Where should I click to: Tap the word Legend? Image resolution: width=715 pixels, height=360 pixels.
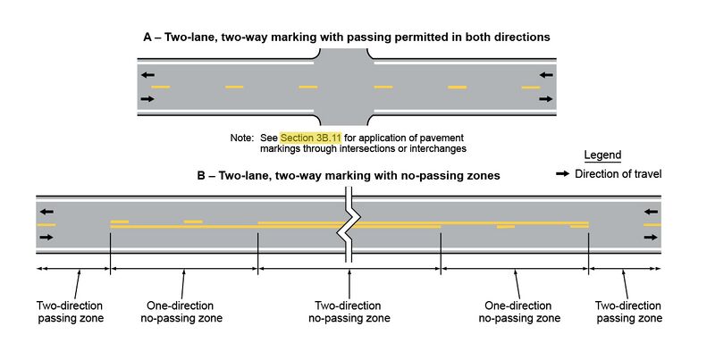pyautogui.click(x=601, y=155)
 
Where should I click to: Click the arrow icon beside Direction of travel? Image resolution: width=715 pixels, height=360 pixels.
pyautogui.click(x=562, y=174)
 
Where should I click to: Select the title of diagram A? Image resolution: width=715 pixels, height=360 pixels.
pyautogui.click(x=346, y=38)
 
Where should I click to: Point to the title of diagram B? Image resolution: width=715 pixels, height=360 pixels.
pyautogui.click(x=348, y=176)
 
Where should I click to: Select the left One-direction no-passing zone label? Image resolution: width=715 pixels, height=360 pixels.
pyautogui.click(x=181, y=311)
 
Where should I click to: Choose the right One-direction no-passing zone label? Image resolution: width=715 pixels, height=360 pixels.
pyautogui.click(x=519, y=311)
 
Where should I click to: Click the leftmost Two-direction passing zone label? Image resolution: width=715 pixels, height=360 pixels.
pyautogui.click(x=70, y=311)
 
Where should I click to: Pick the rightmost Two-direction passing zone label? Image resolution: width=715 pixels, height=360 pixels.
pyautogui.click(x=628, y=311)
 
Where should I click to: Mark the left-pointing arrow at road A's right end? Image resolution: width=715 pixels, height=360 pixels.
pyautogui.click(x=547, y=75)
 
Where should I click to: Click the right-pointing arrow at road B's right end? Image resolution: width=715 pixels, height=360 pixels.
pyautogui.click(x=651, y=238)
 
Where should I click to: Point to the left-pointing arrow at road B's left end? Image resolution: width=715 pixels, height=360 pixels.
pyautogui.click(x=46, y=213)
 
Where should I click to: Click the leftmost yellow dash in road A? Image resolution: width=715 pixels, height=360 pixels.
pyautogui.click(x=161, y=87)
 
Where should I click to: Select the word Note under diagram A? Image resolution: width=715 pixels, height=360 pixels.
pyautogui.click(x=241, y=138)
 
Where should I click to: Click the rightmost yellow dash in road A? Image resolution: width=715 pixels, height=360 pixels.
pyautogui.click(x=531, y=88)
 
